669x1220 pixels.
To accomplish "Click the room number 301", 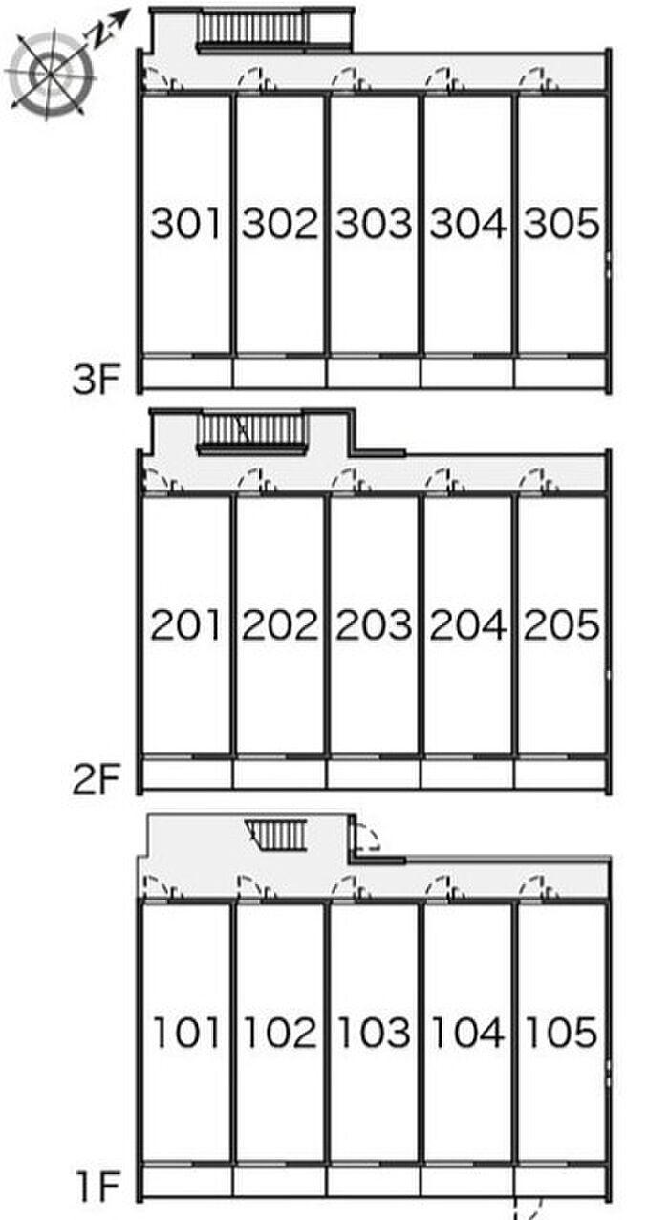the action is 185,224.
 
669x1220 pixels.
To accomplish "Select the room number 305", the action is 561,224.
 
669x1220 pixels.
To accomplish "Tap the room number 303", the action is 374,224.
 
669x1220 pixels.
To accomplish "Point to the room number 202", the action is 280,624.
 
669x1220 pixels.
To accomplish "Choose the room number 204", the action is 467,624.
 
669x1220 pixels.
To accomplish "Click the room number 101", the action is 186,1031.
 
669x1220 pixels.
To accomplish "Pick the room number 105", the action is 561,1031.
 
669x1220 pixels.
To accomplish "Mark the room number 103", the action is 374,1031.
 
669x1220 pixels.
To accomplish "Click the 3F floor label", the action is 96,379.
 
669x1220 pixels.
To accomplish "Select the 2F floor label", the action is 96,779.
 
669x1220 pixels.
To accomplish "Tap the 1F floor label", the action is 98,1187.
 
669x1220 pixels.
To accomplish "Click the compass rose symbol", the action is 52,74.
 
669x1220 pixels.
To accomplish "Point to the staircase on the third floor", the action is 253,29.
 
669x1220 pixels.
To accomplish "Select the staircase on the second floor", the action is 251,432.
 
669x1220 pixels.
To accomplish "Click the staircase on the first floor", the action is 276,835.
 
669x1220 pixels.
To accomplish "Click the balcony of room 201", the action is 186,773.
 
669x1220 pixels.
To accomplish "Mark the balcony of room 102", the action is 280,1181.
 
